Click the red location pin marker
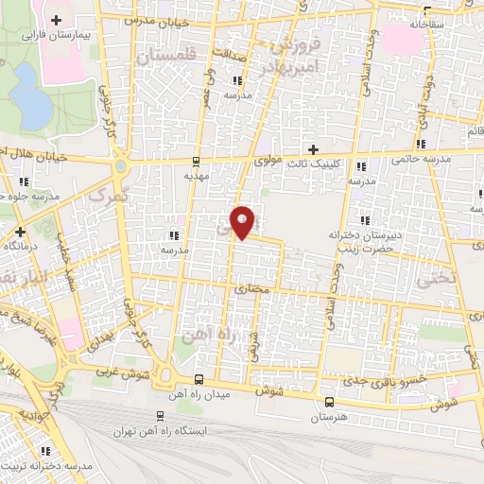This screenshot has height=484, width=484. point(244,221)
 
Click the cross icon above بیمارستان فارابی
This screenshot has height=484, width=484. point(56,20)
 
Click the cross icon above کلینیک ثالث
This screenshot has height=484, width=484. point(314,149)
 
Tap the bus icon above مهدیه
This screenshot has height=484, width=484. point(196,161)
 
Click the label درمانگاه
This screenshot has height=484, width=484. point(19,246)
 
